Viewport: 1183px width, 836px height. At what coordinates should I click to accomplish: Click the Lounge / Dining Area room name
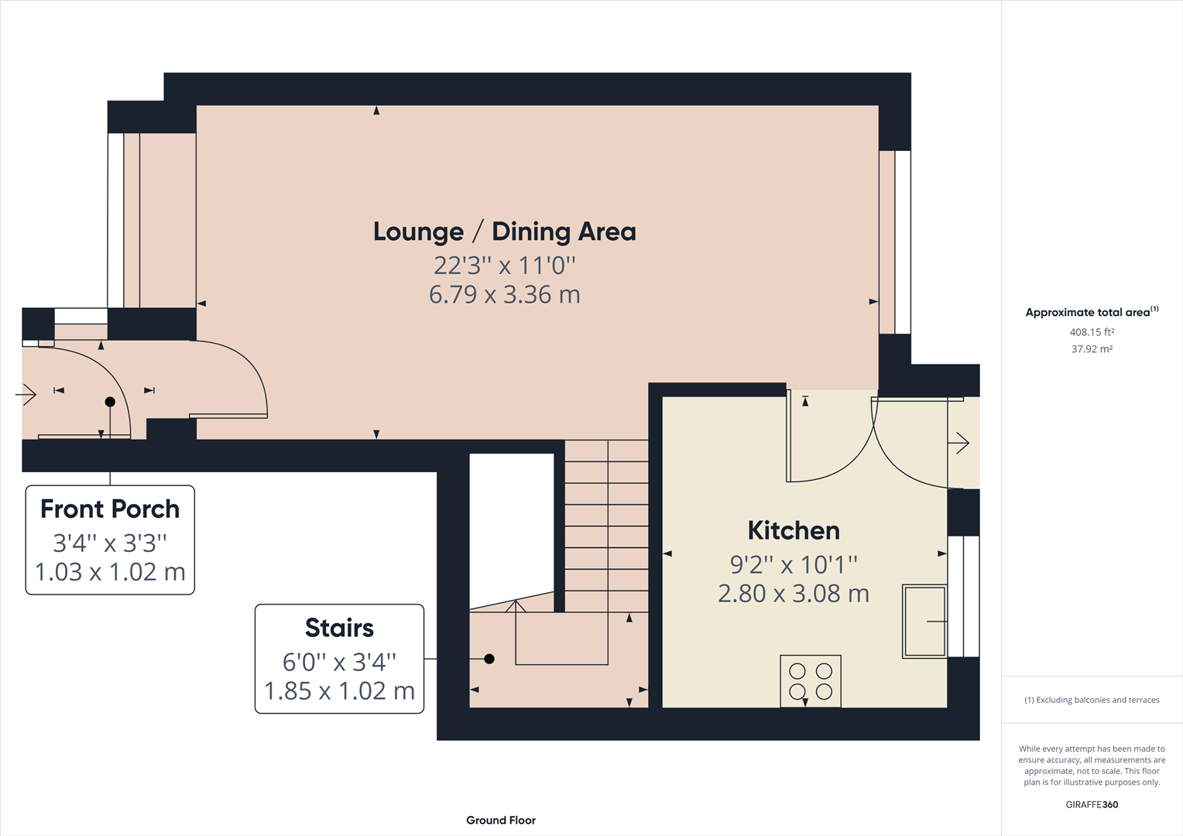point(504,231)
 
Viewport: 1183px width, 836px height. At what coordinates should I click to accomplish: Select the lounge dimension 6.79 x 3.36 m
point(504,295)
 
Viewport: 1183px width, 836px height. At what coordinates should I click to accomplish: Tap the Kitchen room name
point(794,530)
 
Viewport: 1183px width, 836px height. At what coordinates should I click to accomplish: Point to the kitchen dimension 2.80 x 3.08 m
point(794,594)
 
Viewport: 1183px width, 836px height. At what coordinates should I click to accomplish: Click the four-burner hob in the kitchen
point(811,681)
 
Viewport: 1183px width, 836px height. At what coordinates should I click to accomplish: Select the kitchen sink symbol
point(924,621)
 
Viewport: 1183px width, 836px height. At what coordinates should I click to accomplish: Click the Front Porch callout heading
point(110,509)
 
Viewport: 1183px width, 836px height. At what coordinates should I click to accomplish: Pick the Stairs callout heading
point(339,628)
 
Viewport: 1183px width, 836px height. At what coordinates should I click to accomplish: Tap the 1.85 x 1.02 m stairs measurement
point(339,690)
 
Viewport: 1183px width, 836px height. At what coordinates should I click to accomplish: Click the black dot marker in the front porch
point(110,402)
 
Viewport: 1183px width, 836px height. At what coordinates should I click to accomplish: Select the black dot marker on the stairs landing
point(489,659)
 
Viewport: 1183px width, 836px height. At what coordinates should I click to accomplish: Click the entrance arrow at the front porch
point(26,395)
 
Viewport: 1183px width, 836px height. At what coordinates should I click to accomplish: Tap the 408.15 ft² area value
point(1092,332)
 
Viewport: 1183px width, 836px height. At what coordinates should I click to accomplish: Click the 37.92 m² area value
point(1092,349)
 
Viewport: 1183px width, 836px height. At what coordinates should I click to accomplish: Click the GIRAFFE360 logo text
point(1092,804)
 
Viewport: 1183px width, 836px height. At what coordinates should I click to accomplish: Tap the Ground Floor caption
point(501,820)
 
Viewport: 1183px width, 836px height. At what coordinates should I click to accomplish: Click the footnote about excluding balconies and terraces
point(1092,700)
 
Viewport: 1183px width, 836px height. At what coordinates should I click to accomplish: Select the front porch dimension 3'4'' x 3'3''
point(110,543)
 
